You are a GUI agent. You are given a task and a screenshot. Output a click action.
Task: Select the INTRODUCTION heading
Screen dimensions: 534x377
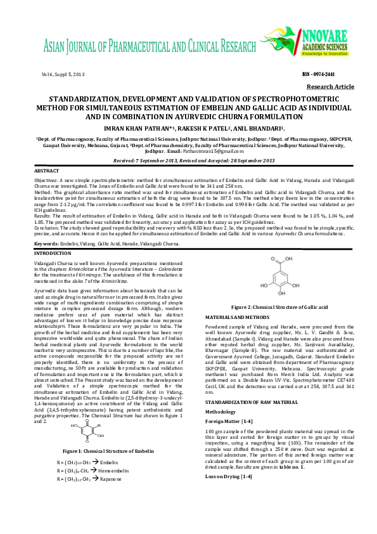coord(53,253)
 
